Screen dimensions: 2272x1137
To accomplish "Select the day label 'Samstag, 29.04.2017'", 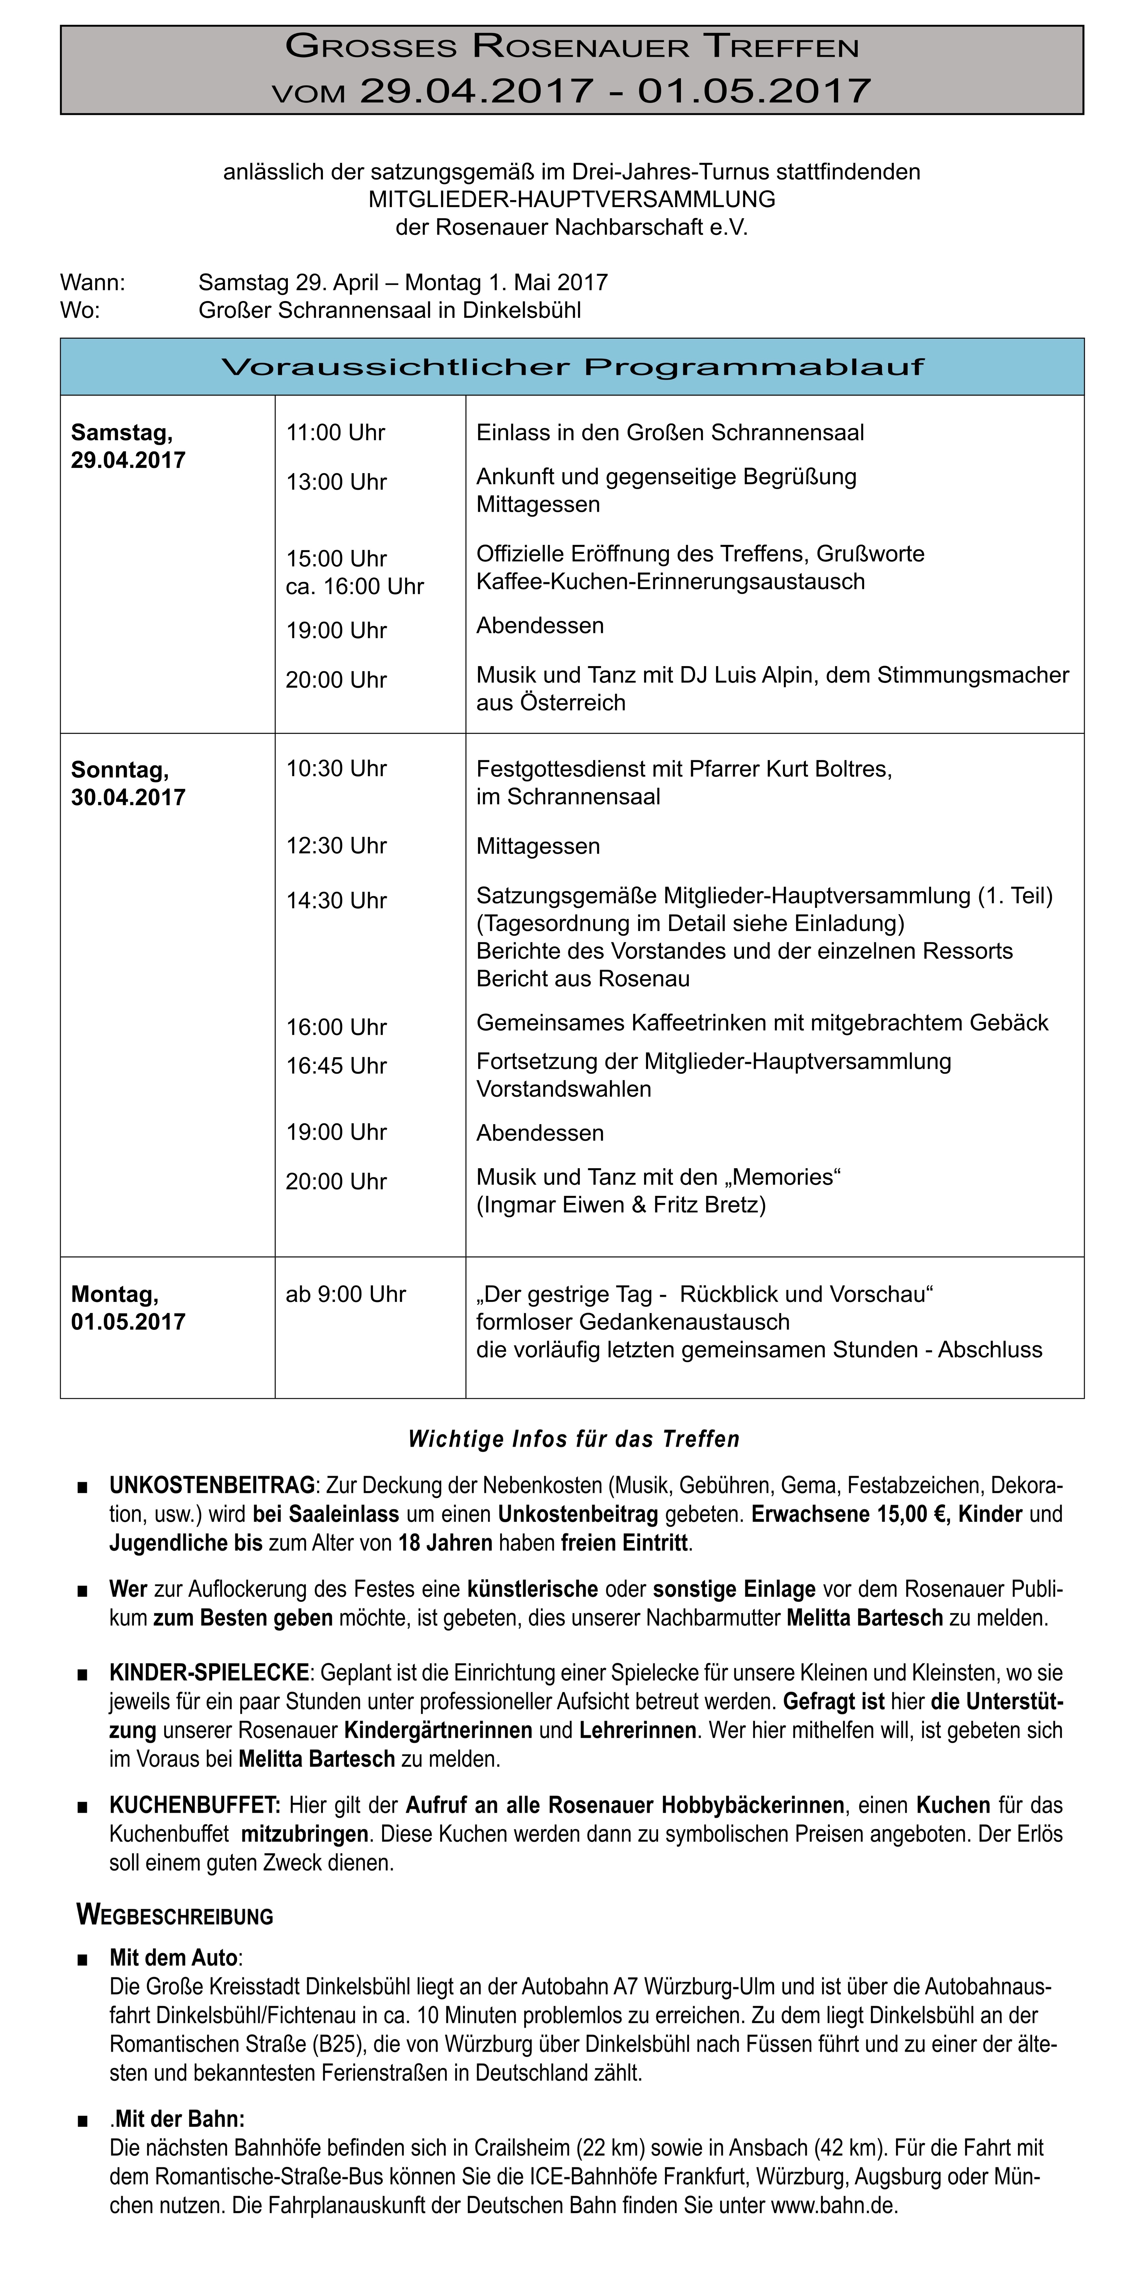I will click(x=128, y=446).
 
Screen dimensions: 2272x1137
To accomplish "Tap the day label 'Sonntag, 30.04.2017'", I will click(x=128, y=783).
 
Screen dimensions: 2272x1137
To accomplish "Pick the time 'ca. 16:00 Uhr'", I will click(x=355, y=587).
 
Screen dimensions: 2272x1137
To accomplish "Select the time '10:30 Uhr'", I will click(x=336, y=768).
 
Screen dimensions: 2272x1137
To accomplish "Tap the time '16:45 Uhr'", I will click(x=336, y=1066).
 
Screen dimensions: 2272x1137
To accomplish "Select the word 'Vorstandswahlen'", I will click(x=564, y=1089).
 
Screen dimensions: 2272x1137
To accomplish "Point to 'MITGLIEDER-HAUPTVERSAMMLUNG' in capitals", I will click(x=572, y=199).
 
